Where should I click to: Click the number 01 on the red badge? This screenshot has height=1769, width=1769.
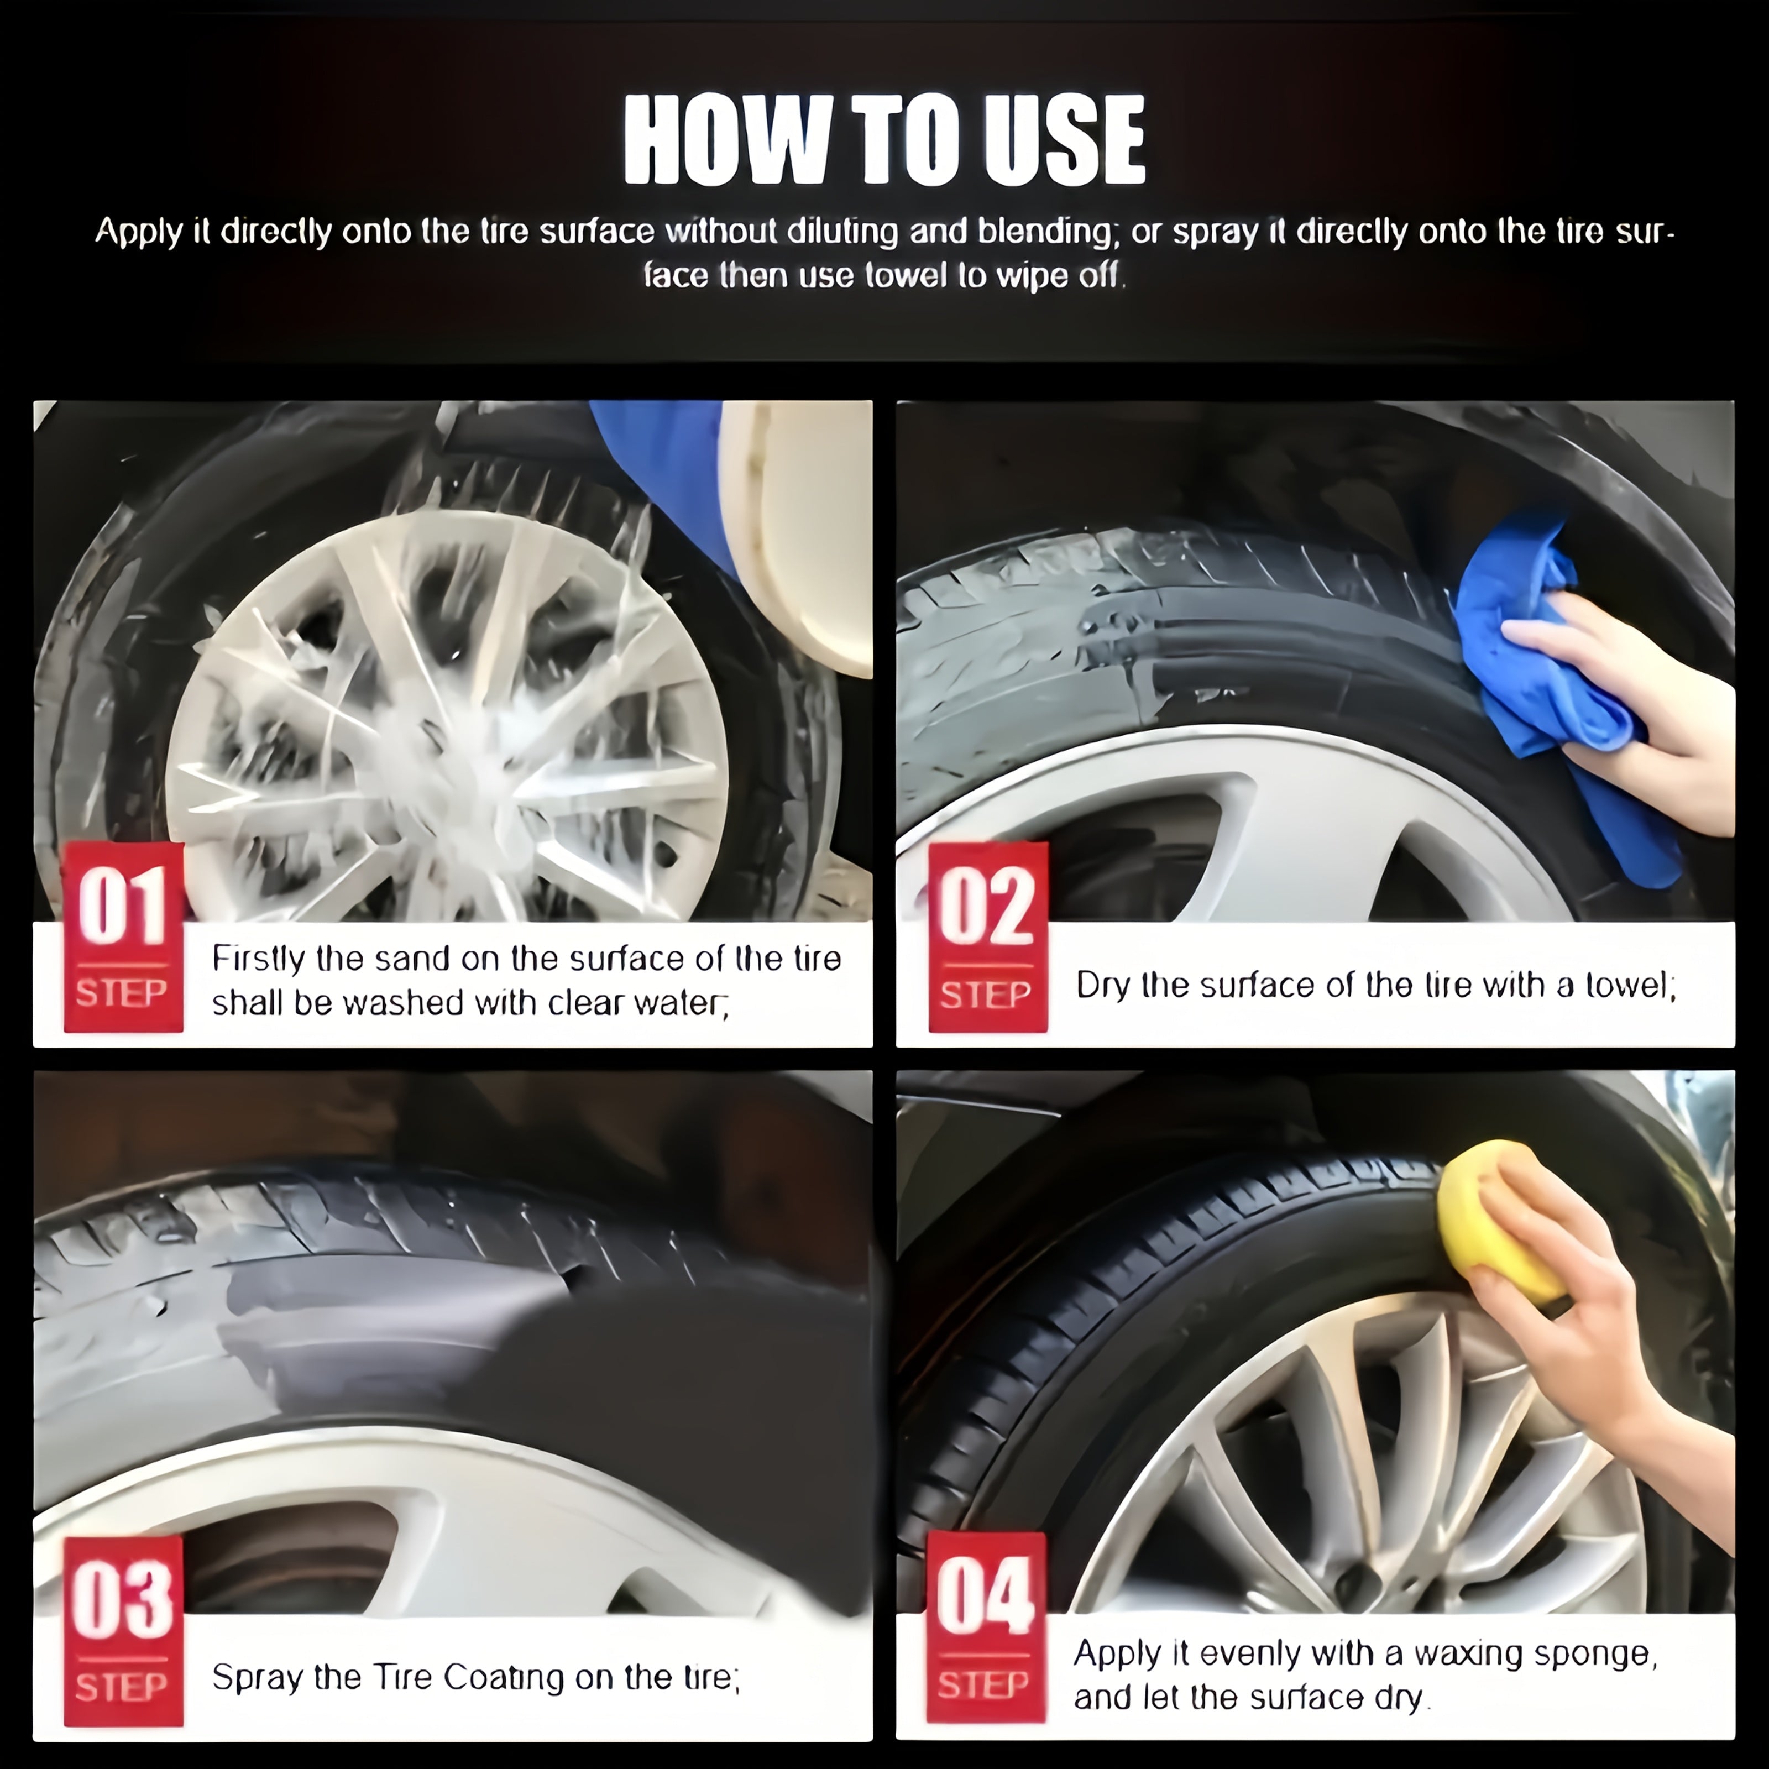(123, 907)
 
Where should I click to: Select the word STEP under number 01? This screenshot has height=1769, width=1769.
(122, 993)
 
